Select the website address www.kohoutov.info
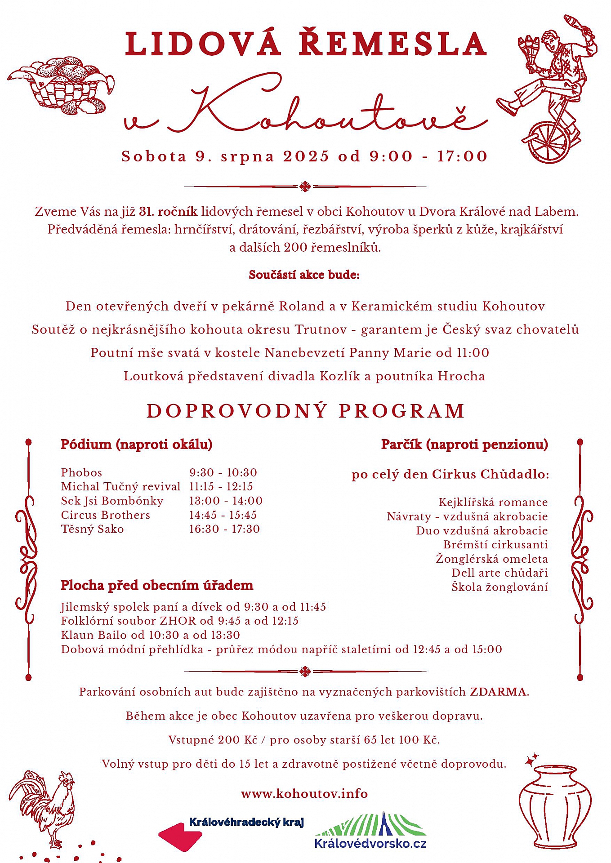304,794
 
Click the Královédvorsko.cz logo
370,831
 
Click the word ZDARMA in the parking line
498,692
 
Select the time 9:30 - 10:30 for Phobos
223,472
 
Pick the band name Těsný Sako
93,529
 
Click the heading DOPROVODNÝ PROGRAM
305,411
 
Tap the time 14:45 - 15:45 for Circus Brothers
223,515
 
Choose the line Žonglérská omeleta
492,559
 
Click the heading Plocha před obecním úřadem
157,585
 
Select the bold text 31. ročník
168,211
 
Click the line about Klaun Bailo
151,635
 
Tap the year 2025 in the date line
306,156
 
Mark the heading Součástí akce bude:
304,275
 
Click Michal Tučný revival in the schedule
120,486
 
